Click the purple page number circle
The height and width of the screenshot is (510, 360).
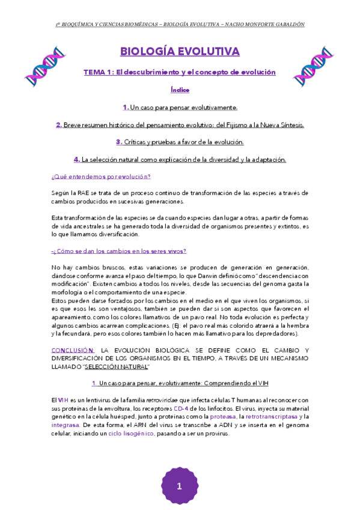[x=179, y=486]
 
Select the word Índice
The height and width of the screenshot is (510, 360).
[x=180, y=90]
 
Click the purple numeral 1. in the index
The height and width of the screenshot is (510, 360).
[x=126, y=108]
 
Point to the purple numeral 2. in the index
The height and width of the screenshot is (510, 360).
[x=59, y=125]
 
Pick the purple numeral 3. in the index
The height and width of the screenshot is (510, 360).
[x=119, y=143]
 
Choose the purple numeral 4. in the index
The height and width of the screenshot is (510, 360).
[x=77, y=160]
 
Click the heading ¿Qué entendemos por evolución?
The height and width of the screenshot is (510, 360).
[x=100, y=177]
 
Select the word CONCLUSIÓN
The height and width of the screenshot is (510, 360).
[x=73, y=350]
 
